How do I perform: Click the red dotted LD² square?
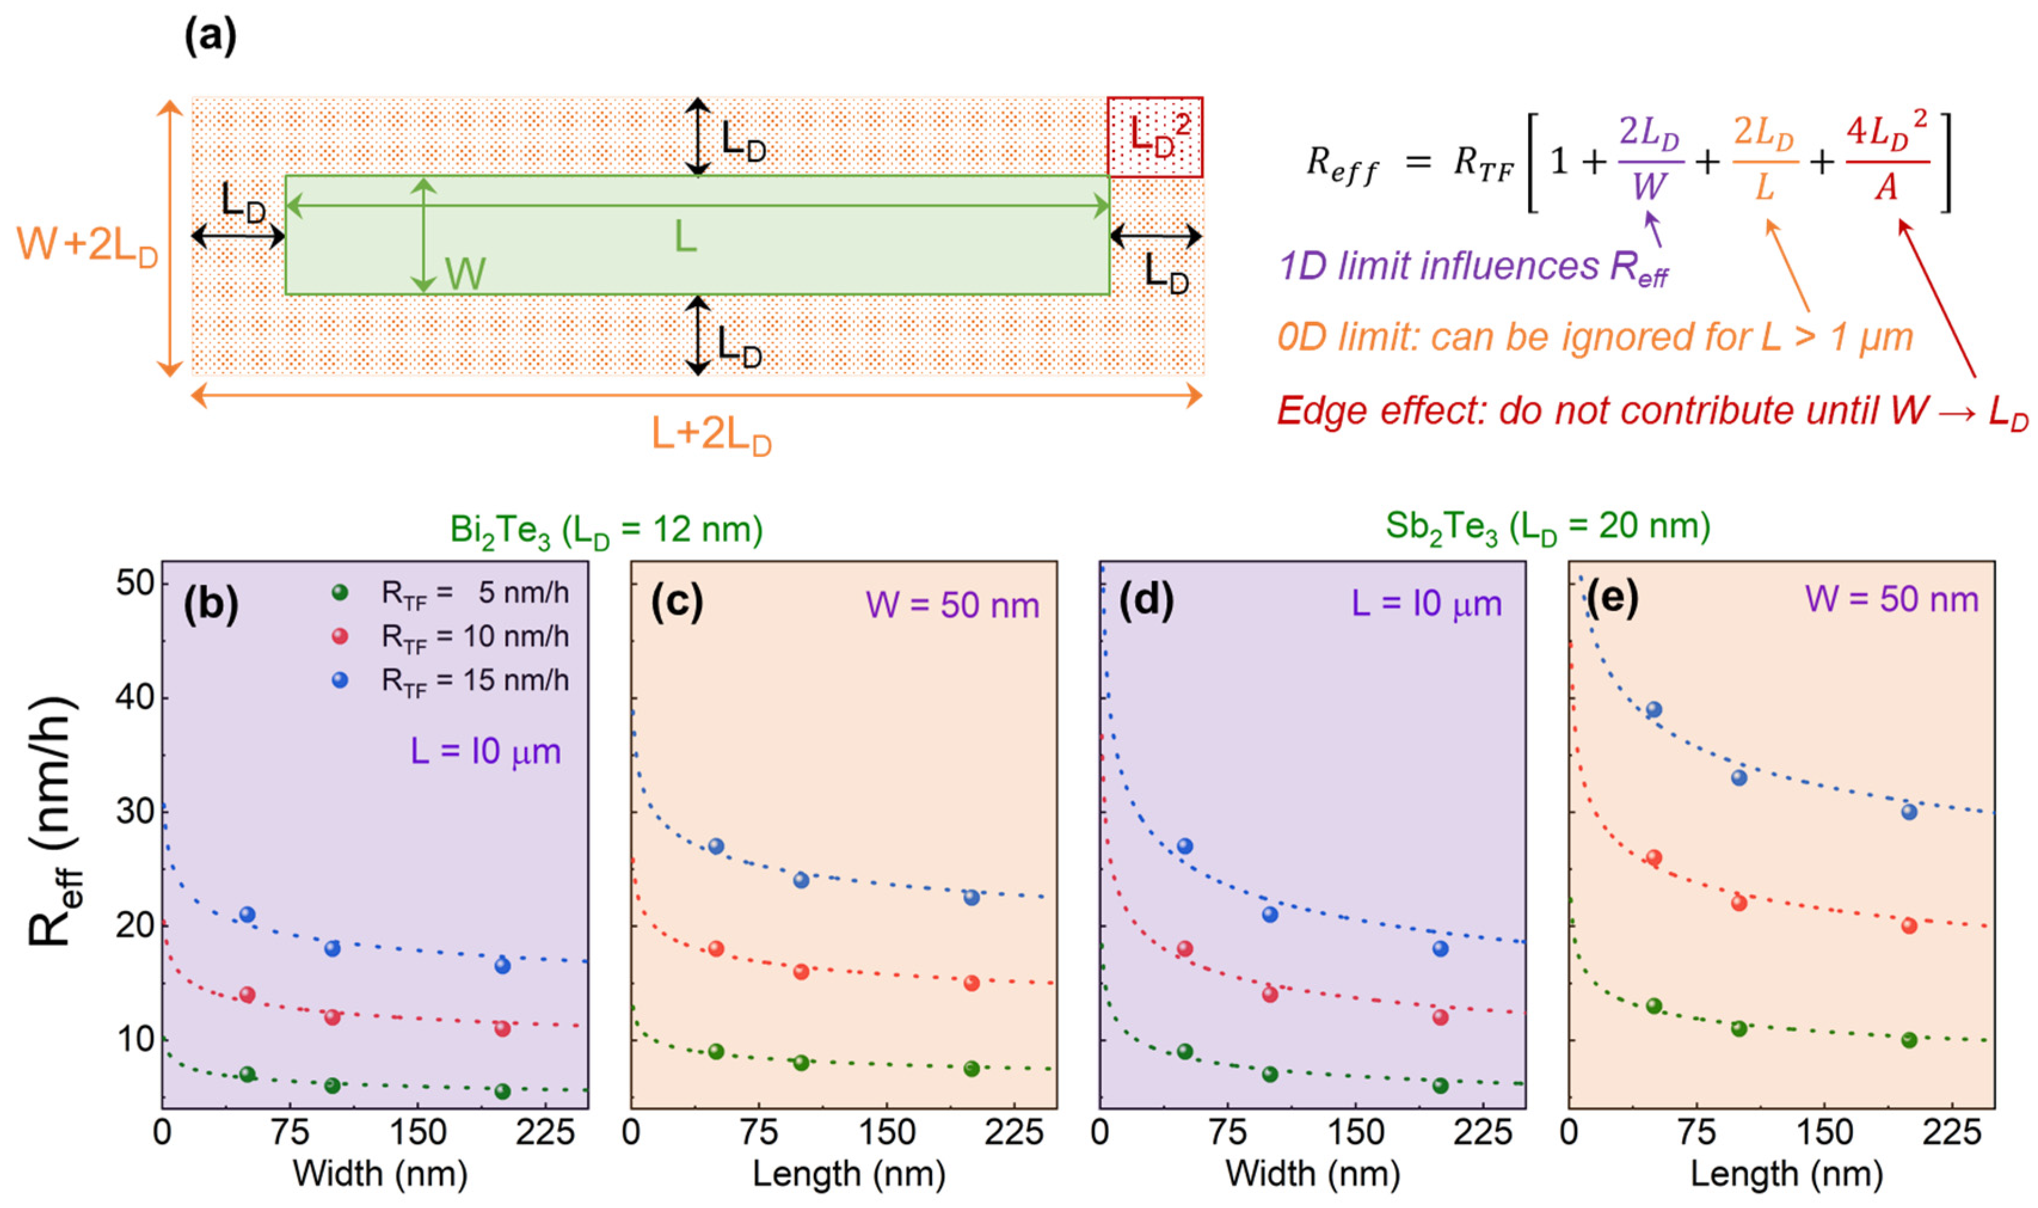point(1154,137)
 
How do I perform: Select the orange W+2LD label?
point(87,244)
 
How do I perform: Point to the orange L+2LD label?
point(711,435)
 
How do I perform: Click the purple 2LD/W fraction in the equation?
point(1649,159)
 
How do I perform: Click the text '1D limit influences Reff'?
point(1473,267)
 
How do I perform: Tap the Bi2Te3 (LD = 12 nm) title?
point(606,531)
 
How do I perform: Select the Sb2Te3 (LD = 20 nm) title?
point(1547,527)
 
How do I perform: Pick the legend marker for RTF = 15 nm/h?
point(340,680)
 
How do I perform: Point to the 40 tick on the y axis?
point(135,698)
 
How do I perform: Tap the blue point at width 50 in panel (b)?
point(247,915)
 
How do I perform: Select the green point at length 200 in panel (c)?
point(972,1069)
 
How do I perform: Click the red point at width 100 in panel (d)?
point(1270,995)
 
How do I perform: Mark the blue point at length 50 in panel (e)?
point(1654,710)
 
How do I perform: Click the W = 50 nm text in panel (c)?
point(952,606)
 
